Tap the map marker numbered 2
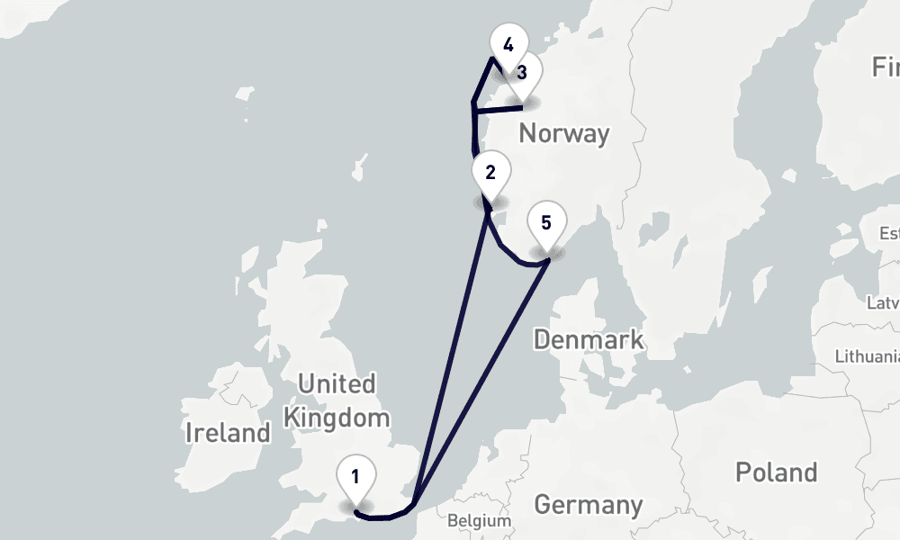click(490, 172)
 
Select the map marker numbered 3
click(522, 72)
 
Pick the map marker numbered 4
click(508, 45)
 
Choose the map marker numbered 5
click(546, 221)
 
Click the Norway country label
click(564, 134)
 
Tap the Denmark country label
click(589, 339)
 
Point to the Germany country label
click(589, 504)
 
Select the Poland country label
click(776, 472)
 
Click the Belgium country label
click(479, 521)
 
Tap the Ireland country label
click(228, 433)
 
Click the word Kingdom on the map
click(337, 418)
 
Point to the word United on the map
click(337, 384)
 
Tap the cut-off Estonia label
click(889, 234)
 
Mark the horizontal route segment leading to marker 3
click(499, 110)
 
